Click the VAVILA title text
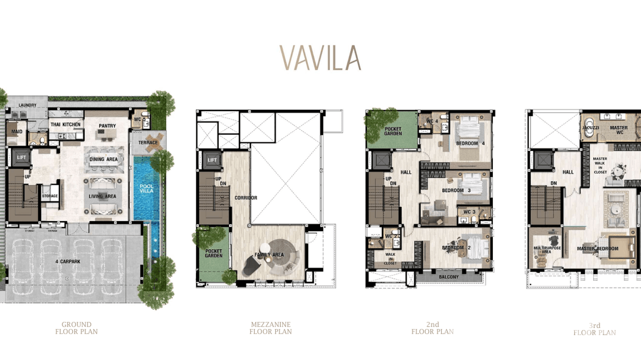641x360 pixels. [x=320, y=58]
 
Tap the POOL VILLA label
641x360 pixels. [x=146, y=189]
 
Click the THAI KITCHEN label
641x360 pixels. [x=66, y=125]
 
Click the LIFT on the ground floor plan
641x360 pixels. [x=21, y=157]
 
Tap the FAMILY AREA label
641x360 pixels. [x=269, y=255]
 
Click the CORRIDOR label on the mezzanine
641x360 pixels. [x=246, y=198]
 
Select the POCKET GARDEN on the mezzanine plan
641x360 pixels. [x=214, y=253]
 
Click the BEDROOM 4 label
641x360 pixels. [x=470, y=143]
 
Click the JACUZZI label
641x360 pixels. [x=590, y=128]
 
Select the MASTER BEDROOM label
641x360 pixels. [x=597, y=249]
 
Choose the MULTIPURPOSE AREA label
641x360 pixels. [x=546, y=250]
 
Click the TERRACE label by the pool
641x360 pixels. [x=148, y=143]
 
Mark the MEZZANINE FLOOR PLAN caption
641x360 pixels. [x=270, y=328]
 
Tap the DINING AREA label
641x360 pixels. [x=103, y=159]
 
